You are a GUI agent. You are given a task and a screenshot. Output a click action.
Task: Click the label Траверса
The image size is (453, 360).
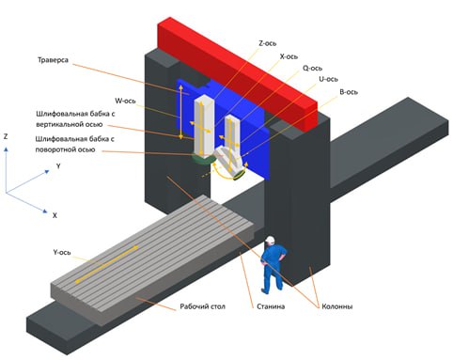[53, 60]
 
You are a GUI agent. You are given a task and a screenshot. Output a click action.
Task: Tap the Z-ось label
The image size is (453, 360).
[268, 43]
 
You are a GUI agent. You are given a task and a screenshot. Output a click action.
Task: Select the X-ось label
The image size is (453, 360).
[289, 56]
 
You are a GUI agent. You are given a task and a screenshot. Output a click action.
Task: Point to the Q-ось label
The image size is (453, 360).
[312, 68]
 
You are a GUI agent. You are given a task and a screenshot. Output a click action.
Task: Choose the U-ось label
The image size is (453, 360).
[328, 79]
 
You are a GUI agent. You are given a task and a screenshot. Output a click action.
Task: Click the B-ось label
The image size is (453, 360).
[349, 92]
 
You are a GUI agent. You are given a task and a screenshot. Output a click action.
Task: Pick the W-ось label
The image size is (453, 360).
[125, 101]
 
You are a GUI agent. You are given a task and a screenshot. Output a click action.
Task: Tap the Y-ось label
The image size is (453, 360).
[62, 252]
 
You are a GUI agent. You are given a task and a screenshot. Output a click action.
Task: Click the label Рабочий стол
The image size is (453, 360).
[202, 306]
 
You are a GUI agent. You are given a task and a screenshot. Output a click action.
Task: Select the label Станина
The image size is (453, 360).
[271, 306]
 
